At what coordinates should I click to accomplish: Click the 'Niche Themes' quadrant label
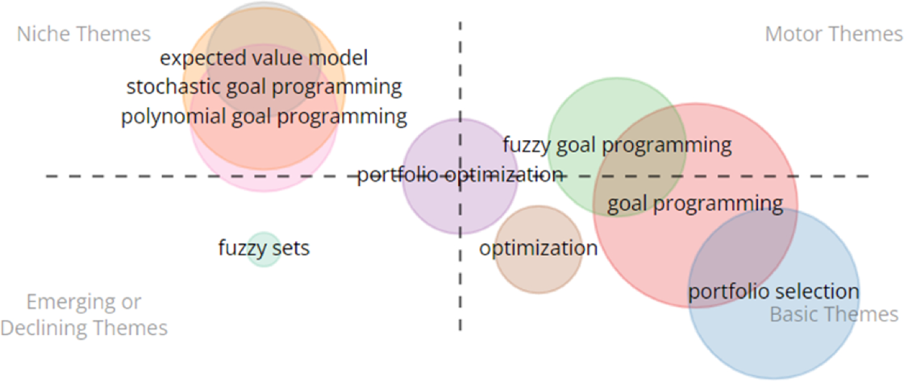point(84,35)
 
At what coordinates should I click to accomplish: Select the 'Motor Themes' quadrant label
point(833,35)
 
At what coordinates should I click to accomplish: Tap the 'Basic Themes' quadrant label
point(834,314)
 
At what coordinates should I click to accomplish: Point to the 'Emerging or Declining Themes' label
point(84,315)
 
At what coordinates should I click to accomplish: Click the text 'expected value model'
point(264,58)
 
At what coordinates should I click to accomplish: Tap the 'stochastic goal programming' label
point(264,87)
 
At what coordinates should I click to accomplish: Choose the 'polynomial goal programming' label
point(264,117)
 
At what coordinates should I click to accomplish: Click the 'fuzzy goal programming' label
point(617,145)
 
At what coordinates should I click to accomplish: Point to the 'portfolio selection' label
point(774,291)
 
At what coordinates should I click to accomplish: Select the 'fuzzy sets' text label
point(264,248)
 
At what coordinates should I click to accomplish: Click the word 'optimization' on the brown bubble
point(538,248)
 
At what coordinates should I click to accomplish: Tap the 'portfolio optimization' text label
point(460,175)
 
